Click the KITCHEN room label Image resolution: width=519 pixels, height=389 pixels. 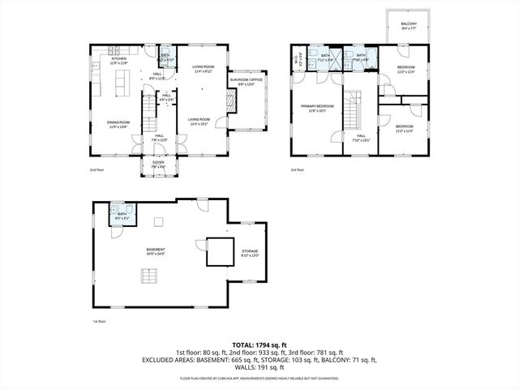pyautogui.click(x=119, y=60)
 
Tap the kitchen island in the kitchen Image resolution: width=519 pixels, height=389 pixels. pyautogui.click(x=125, y=82)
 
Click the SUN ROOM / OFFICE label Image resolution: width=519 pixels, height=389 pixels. pyautogui.click(x=247, y=81)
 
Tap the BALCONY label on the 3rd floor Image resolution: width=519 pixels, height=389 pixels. pyautogui.click(x=410, y=26)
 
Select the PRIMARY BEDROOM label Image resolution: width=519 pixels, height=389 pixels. pyautogui.click(x=318, y=107)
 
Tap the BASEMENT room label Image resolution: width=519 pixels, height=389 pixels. pyautogui.click(x=155, y=250)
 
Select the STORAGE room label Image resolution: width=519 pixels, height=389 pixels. pyautogui.click(x=249, y=253)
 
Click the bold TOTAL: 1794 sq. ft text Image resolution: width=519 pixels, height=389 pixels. pyautogui.click(x=259, y=344)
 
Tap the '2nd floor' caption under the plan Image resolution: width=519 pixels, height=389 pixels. pyautogui.click(x=98, y=170)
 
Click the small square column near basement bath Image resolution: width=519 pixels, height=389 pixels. pyautogui.click(x=161, y=221)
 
